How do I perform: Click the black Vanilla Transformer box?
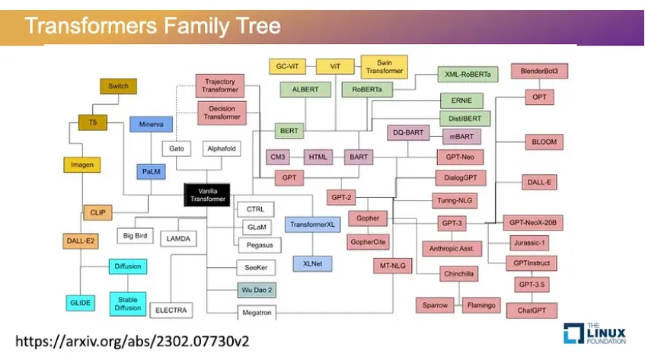pyautogui.click(x=208, y=194)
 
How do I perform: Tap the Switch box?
pyautogui.click(x=118, y=86)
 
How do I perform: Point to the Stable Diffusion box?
pyautogui.click(x=128, y=303)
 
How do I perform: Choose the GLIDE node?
pyautogui.click(x=80, y=303)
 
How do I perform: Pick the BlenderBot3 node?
pyautogui.click(x=544, y=72)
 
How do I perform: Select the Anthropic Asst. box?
pyautogui.click(x=453, y=249)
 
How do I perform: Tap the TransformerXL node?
pyautogui.click(x=311, y=225)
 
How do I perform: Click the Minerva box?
pyautogui.click(x=152, y=123)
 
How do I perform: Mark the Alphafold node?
pyautogui.click(x=222, y=148)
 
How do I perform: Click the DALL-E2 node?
pyautogui.click(x=80, y=241)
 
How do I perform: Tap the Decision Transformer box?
pyautogui.click(x=222, y=113)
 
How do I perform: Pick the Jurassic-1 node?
pyautogui.click(x=529, y=243)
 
